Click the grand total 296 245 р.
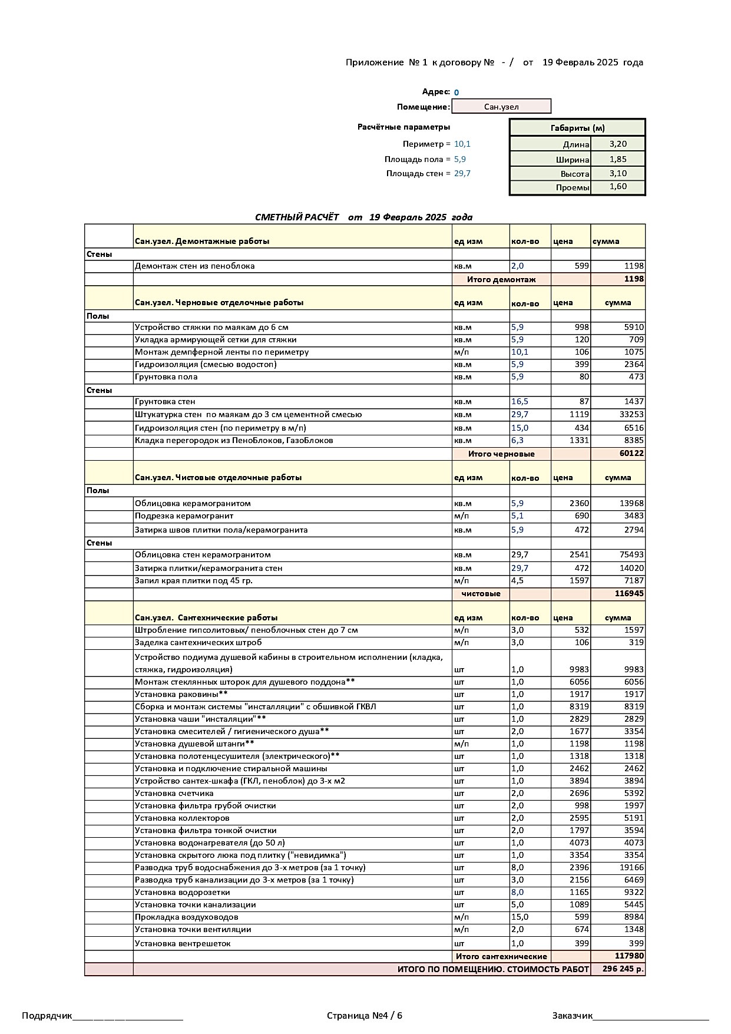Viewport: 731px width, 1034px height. coord(623,969)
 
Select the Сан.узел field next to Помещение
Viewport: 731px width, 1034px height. coord(501,107)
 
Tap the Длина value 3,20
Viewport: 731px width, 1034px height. coord(618,144)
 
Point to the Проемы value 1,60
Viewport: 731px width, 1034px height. coord(618,187)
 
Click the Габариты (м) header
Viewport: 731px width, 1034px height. coord(577,128)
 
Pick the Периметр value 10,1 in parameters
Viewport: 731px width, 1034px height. coord(462,144)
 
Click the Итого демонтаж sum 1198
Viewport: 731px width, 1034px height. coord(634,279)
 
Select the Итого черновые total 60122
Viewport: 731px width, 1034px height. coord(631,454)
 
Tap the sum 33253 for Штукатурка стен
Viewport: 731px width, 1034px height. coord(631,415)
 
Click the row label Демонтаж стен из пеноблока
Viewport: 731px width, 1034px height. coord(195,266)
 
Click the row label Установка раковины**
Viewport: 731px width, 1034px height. coord(181,694)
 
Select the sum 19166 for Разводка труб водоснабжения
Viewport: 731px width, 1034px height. coord(631,868)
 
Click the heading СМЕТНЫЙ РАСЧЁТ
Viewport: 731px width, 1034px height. coord(297,217)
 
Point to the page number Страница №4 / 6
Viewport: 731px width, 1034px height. coord(365,1016)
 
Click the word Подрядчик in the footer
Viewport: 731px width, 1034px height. coord(47,1016)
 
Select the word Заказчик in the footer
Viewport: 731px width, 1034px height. coord(573,1016)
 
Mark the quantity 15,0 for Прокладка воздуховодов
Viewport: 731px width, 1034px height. coord(520,917)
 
